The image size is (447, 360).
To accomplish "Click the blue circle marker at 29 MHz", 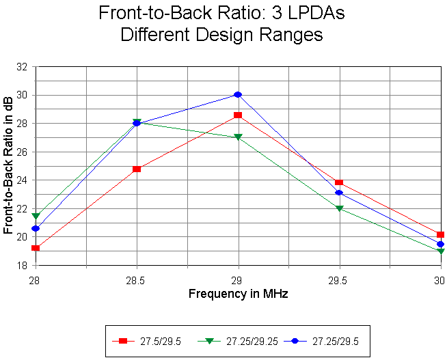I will [x=238, y=94].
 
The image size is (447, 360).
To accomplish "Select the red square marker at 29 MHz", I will [x=238, y=115].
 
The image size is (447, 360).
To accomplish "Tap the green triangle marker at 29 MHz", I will [x=238, y=137].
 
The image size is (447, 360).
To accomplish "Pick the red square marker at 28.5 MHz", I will [x=137, y=169].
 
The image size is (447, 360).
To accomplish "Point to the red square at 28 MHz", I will [x=36, y=248].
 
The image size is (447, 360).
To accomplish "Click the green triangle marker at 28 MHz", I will [x=36, y=217].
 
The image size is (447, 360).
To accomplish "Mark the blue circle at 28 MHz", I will [x=36, y=228].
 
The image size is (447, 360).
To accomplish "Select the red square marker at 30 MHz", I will [x=440, y=235].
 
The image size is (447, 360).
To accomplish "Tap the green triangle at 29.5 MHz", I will [x=339, y=208].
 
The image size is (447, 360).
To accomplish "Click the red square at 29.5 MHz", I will [x=339, y=182].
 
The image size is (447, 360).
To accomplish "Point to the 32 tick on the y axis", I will [x=22, y=67].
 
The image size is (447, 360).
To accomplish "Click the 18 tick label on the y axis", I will [x=22, y=266].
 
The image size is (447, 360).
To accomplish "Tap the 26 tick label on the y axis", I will [x=22, y=152].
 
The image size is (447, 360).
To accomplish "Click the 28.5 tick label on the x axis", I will [x=137, y=279].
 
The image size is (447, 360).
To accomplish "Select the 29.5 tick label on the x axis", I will [x=339, y=279].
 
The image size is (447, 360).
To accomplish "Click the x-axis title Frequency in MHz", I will [x=238, y=294].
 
